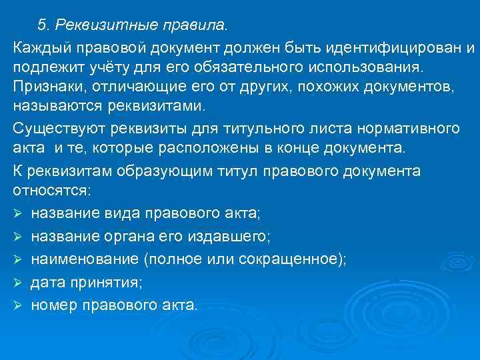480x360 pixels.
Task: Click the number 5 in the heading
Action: [42, 25]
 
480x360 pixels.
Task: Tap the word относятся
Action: [53, 191]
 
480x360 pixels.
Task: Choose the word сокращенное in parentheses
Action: [287, 260]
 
